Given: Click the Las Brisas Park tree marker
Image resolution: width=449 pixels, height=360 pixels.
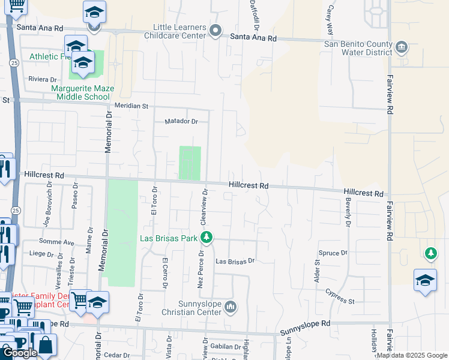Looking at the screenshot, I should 206,238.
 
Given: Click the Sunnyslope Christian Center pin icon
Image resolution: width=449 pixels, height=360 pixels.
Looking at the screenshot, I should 231,308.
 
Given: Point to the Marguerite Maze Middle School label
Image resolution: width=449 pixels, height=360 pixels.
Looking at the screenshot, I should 81,92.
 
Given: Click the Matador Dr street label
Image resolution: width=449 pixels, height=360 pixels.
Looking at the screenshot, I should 181,121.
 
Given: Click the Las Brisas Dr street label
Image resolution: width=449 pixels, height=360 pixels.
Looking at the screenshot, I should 235,262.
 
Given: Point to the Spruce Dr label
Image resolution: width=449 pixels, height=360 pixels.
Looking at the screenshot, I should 333,253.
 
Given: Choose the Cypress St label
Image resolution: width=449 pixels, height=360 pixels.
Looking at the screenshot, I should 340,296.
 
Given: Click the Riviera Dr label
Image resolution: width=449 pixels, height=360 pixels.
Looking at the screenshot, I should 42,79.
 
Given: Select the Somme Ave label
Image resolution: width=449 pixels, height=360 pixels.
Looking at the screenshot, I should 56,242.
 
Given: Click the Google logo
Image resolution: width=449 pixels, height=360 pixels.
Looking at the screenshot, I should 20,353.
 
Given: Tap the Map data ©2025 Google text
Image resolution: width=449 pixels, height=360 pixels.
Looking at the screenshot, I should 411,355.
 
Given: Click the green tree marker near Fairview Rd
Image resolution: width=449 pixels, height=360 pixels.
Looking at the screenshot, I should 430,253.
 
